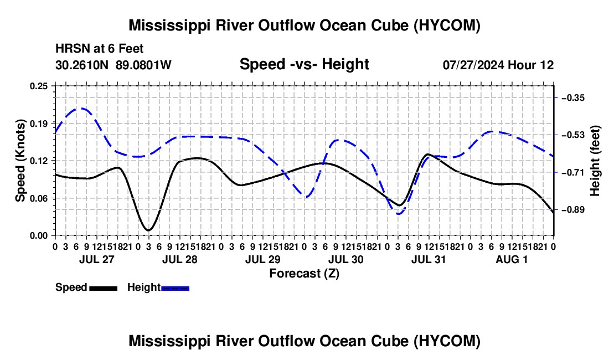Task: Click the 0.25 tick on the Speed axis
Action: pyautogui.click(x=39, y=86)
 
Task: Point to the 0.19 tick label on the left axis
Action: pyautogui.click(x=39, y=124)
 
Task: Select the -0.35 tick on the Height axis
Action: pyautogui.click(x=573, y=98)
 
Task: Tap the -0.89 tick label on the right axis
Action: pyautogui.click(x=573, y=210)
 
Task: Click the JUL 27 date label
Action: pyautogui.click(x=97, y=259)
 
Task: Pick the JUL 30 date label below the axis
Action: pyautogui.click(x=346, y=259)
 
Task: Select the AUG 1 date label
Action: pyautogui.click(x=512, y=259)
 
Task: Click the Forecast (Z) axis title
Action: pyautogui.click(x=304, y=274)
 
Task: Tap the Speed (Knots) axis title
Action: pyautogui.click(x=20, y=161)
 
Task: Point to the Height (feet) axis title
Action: pyautogui.click(x=595, y=161)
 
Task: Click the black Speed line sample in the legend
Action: pyautogui.click(x=104, y=289)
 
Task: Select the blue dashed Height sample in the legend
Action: pyautogui.click(x=175, y=289)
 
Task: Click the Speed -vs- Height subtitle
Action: pyautogui.click(x=304, y=64)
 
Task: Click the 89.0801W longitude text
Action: pyautogui.click(x=143, y=65)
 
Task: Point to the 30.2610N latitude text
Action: pyautogui.click(x=82, y=65)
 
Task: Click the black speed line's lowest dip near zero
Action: pyautogui.click(x=148, y=230)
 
